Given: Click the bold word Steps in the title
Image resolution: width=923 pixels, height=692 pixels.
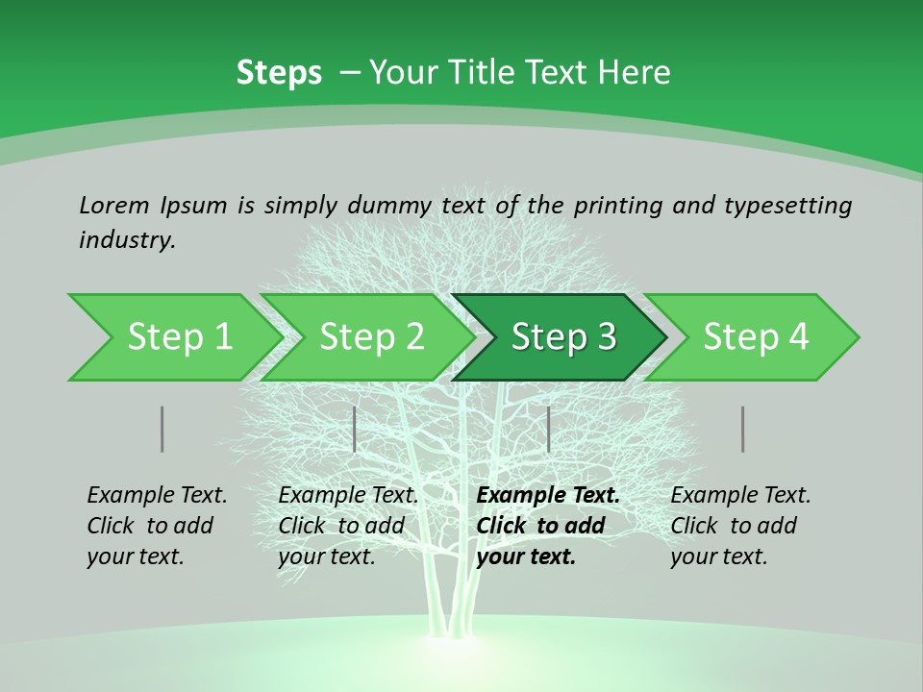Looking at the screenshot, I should [279, 73].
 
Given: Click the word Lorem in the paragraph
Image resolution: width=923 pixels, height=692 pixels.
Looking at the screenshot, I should [113, 205].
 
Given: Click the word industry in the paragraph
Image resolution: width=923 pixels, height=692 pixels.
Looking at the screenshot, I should [126, 240].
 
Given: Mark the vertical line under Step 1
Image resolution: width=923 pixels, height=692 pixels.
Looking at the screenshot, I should [162, 429].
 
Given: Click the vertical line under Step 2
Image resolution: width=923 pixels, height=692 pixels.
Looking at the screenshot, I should [355, 429].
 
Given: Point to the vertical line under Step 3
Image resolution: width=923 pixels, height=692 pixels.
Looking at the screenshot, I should [548, 429].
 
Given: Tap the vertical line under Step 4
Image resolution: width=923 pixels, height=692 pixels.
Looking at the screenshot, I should [742, 429].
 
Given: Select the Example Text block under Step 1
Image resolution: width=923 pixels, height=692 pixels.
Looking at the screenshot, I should [157, 526].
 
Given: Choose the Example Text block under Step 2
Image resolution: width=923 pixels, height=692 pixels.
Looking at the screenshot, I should [348, 526].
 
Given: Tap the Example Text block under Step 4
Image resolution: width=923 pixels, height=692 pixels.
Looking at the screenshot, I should [740, 526].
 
